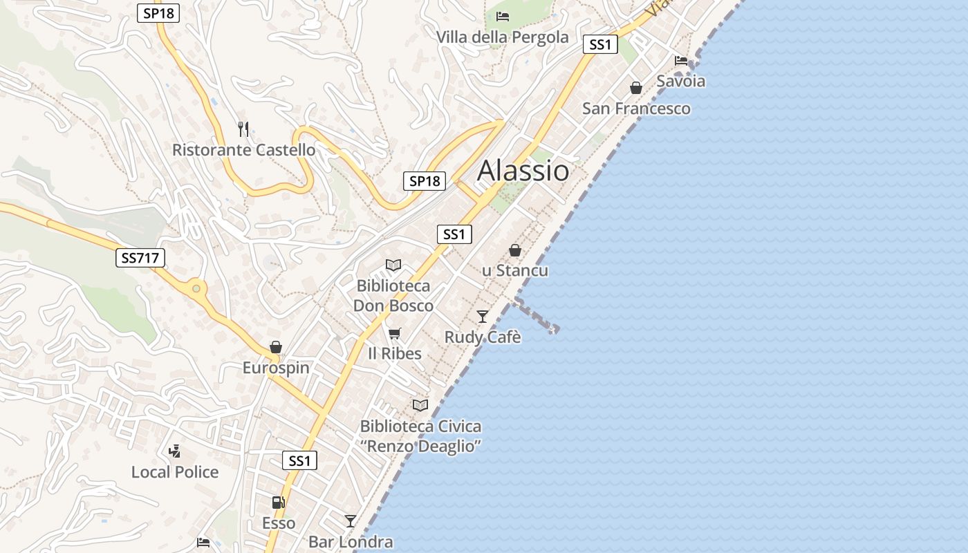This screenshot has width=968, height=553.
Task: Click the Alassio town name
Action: pyautogui.click(x=523, y=171)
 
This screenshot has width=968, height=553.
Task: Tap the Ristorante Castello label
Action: pyautogui.click(x=243, y=150)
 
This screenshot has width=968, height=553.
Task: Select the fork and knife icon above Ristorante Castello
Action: pyautogui.click(x=243, y=129)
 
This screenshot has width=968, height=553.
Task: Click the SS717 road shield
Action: pyautogui.click(x=140, y=259)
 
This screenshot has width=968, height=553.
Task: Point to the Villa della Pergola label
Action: pyautogui.click(x=503, y=37)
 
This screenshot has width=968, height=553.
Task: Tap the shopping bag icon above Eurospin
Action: pyautogui.click(x=276, y=346)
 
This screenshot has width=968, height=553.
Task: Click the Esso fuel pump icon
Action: pyautogui.click(x=278, y=503)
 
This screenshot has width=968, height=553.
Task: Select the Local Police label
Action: pyautogui.click(x=175, y=472)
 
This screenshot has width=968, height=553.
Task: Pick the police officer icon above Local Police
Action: pyautogui.click(x=175, y=451)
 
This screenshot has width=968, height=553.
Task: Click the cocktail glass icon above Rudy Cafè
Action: pyautogui.click(x=483, y=316)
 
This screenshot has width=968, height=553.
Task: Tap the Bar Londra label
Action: pyautogui.click(x=351, y=542)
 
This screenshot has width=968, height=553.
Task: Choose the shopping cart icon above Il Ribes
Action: pyautogui.click(x=394, y=334)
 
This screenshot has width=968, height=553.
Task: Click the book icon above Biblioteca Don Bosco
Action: pyautogui.click(x=393, y=265)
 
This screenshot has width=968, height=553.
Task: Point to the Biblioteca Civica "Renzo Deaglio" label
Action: pyautogui.click(x=420, y=436)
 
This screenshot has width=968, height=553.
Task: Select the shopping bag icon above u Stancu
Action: pyautogui.click(x=515, y=250)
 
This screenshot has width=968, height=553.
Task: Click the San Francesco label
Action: pyautogui.click(x=636, y=109)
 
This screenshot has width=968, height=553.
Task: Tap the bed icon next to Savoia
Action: pyautogui.click(x=681, y=61)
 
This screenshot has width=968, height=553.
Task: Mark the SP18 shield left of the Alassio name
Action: pyautogui.click(x=425, y=181)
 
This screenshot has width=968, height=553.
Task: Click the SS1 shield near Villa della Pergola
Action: pyautogui.click(x=599, y=45)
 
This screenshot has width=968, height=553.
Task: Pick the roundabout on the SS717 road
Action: pyautogui.click(x=197, y=288)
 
